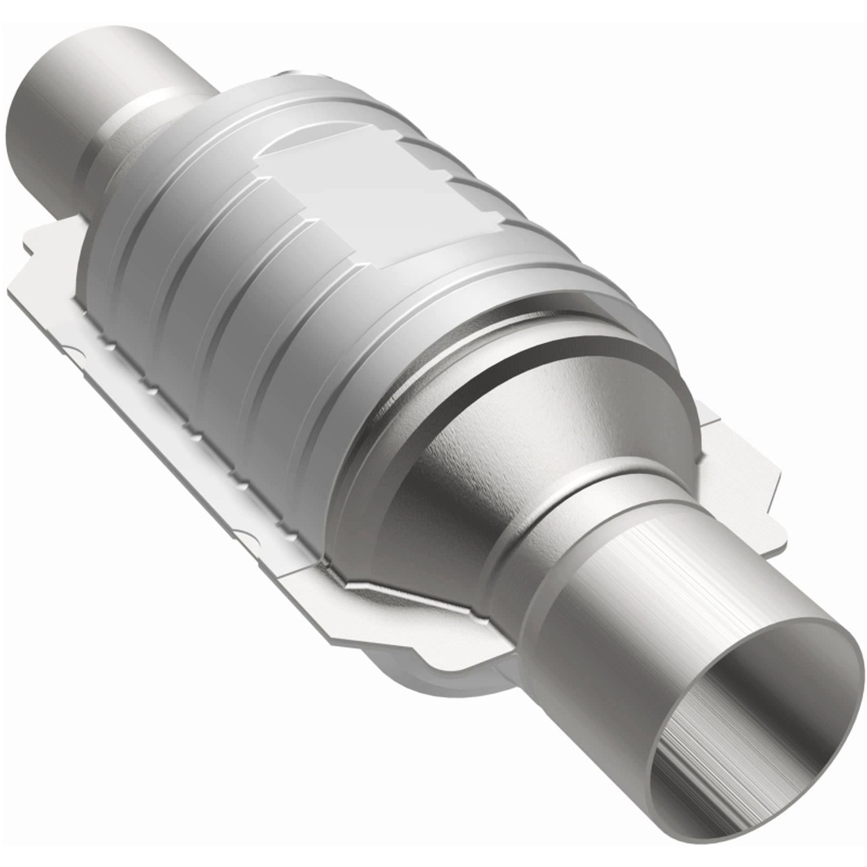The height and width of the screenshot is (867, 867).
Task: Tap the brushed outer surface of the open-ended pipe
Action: coord(643,583)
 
